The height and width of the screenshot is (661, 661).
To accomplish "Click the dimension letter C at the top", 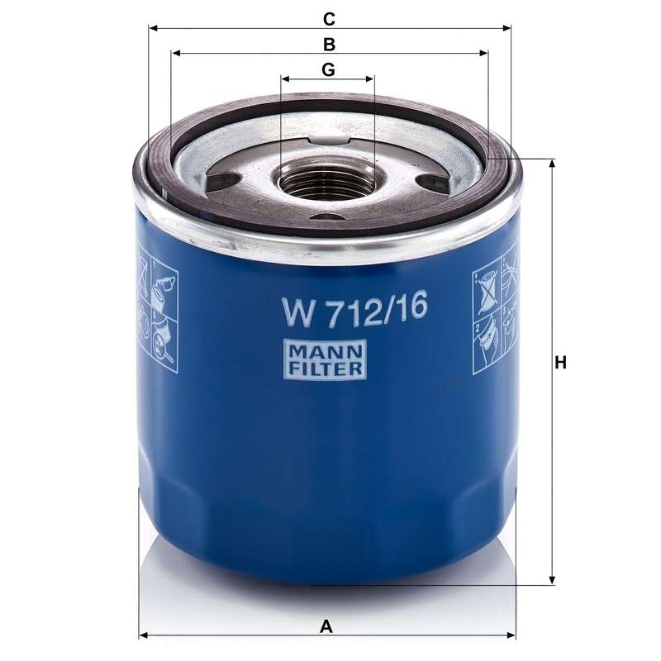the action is click(329, 19).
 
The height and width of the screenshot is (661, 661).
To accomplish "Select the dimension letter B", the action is click(329, 45).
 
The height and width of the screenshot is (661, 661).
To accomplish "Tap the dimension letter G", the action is click(328, 69).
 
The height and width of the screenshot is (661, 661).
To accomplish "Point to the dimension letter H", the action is click(560, 363).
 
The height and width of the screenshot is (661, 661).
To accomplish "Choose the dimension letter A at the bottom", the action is click(326, 627).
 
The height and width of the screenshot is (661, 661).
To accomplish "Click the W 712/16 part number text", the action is click(355, 309).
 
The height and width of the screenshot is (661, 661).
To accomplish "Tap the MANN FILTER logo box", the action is click(325, 359).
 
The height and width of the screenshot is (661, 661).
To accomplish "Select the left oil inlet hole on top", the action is click(223, 181).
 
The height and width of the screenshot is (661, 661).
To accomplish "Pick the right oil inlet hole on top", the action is click(431, 182).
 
